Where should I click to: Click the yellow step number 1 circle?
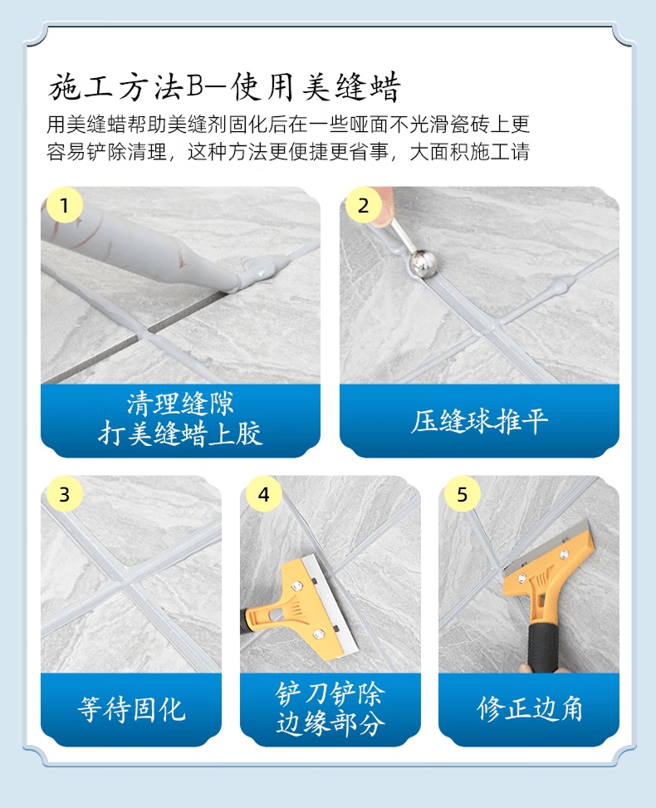65,205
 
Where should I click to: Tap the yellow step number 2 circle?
364,205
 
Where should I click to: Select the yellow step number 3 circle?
65,494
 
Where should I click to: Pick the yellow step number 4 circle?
263,494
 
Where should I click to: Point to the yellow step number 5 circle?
463,494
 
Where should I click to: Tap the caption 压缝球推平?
479,422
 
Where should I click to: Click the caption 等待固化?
131,709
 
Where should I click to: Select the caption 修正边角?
529,709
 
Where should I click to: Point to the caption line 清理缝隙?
180,404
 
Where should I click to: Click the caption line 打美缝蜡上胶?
180,433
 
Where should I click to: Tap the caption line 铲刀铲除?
330,693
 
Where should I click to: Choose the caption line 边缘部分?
330,722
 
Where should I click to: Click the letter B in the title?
195,86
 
